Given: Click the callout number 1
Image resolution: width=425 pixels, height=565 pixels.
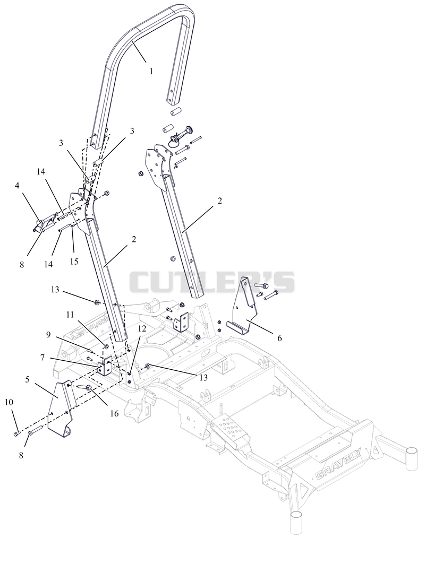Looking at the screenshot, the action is [151, 71].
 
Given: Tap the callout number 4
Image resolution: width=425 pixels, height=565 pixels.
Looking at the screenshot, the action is [17, 186].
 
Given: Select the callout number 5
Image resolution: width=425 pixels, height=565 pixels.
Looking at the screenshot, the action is [27, 379].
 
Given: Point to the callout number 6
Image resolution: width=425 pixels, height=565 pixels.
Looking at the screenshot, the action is [279, 338].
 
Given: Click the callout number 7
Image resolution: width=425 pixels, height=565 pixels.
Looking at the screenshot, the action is [42, 358].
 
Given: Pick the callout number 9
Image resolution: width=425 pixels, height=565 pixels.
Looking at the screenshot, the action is [48, 335].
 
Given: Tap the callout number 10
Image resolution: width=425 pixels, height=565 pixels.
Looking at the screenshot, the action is [9, 402].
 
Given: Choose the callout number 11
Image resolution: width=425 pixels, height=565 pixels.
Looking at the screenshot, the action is [70, 315].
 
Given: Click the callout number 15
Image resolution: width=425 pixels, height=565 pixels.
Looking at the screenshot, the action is [74, 262].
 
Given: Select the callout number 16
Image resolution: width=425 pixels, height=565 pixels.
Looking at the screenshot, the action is [114, 414].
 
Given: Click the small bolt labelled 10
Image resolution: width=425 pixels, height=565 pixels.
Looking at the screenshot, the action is [16, 434].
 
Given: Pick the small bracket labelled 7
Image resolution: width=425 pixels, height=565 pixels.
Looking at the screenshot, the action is [106, 367].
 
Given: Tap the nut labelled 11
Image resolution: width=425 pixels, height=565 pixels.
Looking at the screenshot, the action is [107, 347].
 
